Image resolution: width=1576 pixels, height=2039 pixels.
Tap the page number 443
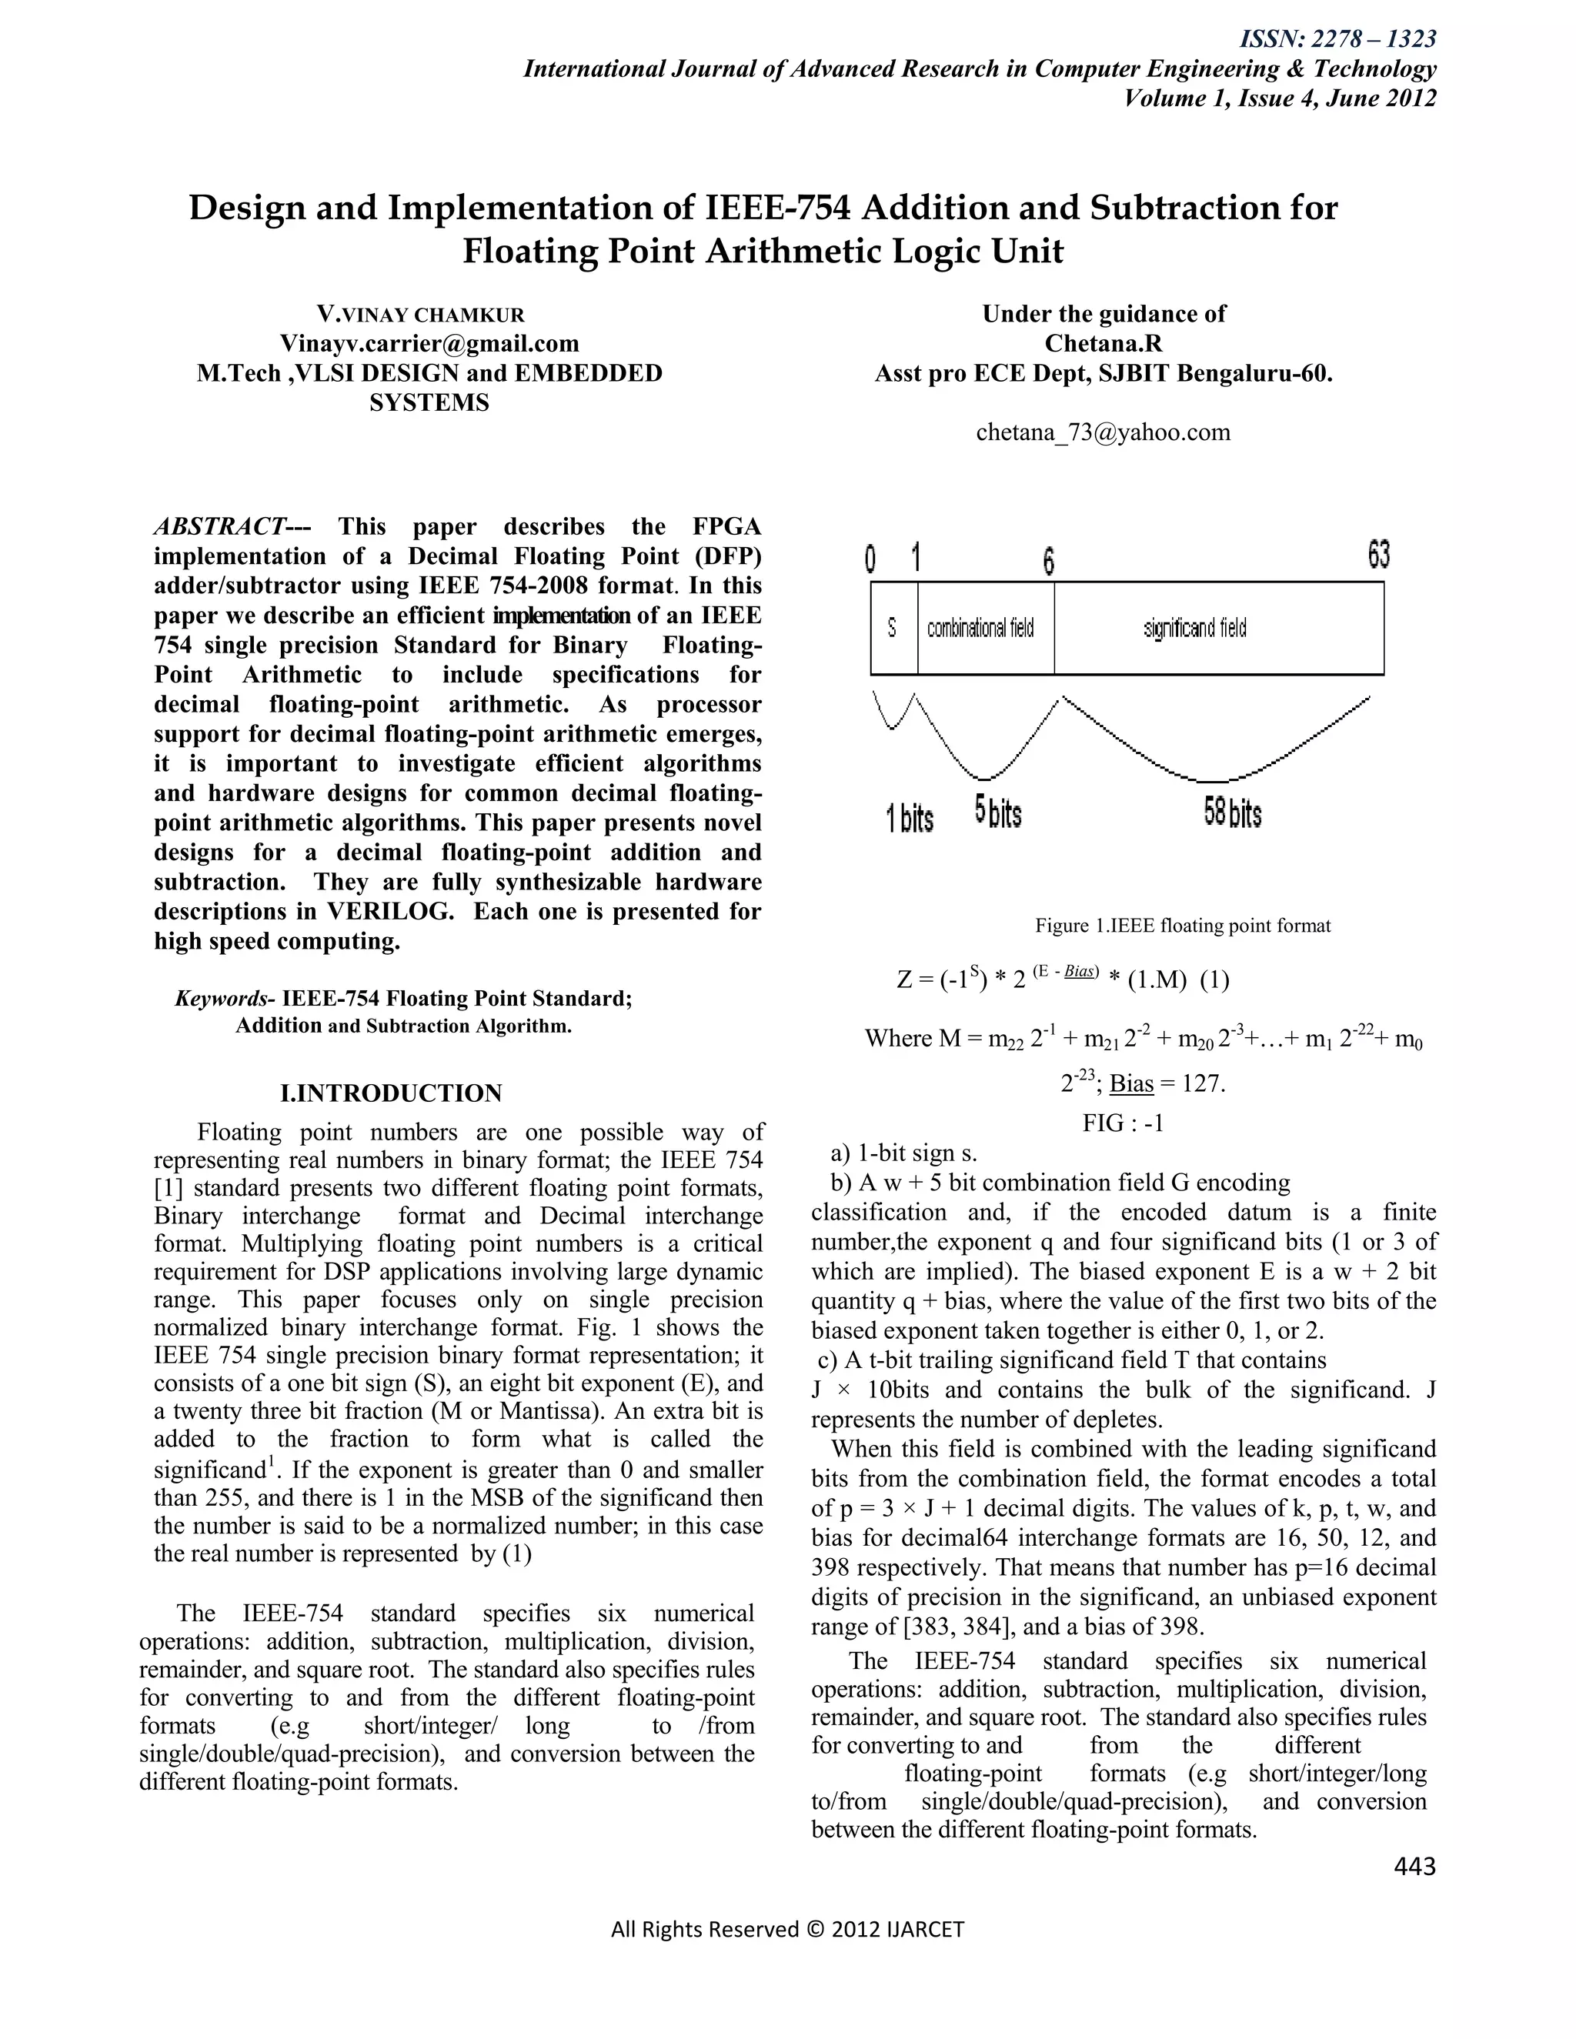coord(1414,1865)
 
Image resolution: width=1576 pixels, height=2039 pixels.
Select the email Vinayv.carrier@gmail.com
coord(429,344)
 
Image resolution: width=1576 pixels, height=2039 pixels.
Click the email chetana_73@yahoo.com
coord(1103,432)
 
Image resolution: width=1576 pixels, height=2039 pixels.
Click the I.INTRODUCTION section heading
coord(391,1093)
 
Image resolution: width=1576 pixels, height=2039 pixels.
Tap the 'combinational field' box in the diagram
coord(980,629)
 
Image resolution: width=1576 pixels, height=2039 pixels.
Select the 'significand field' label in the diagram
coord(1195,629)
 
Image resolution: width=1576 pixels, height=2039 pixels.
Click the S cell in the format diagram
coord(893,629)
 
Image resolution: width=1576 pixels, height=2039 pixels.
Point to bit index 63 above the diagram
coord(1378,556)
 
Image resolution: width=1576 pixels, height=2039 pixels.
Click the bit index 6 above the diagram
coord(1049,562)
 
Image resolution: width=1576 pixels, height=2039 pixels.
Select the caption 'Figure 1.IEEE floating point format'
coord(1182,925)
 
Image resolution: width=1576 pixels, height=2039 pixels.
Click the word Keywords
coord(220,999)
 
